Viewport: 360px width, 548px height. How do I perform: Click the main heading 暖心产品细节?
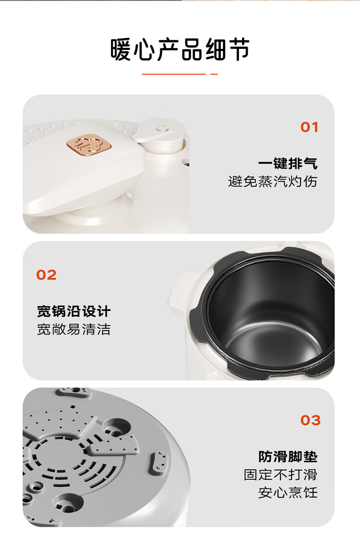tap(180, 49)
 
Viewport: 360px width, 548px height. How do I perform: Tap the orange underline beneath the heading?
tap(180, 74)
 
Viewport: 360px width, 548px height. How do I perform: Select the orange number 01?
tap(309, 127)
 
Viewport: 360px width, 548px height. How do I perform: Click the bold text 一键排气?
tap(288, 164)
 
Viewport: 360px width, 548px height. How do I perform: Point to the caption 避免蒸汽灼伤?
tap(273, 181)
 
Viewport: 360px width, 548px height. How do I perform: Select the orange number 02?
tap(46, 275)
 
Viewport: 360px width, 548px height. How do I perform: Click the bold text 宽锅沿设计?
tap(74, 311)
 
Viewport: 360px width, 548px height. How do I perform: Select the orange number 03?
tap(311, 420)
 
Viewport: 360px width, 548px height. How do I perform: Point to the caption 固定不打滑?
tap(280, 475)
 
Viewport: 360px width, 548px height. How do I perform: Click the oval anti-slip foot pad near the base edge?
tap(158, 463)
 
